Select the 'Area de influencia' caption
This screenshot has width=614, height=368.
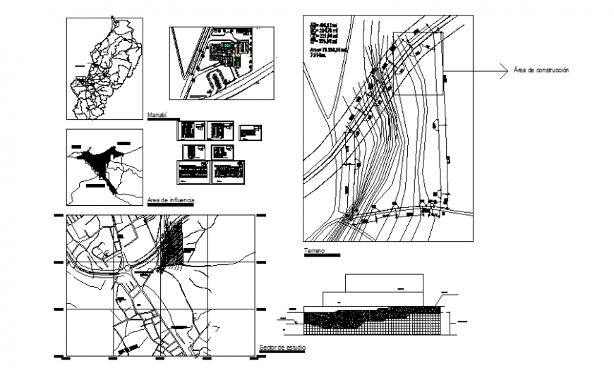(x=171, y=200)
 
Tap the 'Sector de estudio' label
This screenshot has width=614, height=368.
(x=282, y=348)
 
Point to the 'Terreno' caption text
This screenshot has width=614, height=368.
(x=315, y=250)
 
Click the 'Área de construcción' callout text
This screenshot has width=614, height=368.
(x=541, y=70)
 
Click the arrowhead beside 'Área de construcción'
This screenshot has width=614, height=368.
(x=504, y=70)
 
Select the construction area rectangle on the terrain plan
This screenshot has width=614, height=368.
(x=418, y=63)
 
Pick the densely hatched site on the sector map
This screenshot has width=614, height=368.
(x=171, y=244)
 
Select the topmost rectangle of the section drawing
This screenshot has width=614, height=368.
(x=384, y=281)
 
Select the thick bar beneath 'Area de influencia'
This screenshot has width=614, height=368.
(x=171, y=205)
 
